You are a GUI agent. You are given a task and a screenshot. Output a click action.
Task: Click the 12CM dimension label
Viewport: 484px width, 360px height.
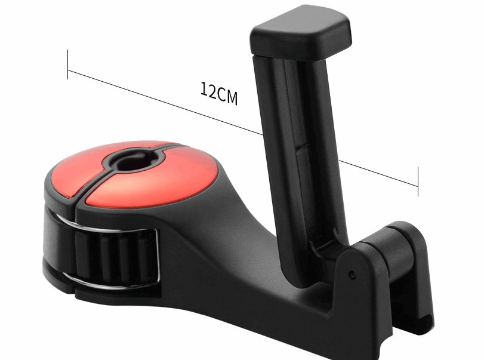point(218,94)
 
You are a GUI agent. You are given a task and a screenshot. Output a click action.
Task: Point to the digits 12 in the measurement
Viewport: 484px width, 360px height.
point(207,90)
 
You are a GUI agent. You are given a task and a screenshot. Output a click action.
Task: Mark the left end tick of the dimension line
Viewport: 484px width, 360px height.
point(68,64)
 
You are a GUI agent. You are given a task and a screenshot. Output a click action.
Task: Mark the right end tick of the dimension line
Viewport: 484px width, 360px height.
point(418,181)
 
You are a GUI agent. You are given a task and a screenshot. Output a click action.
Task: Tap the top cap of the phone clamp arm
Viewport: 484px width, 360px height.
point(300,33)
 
